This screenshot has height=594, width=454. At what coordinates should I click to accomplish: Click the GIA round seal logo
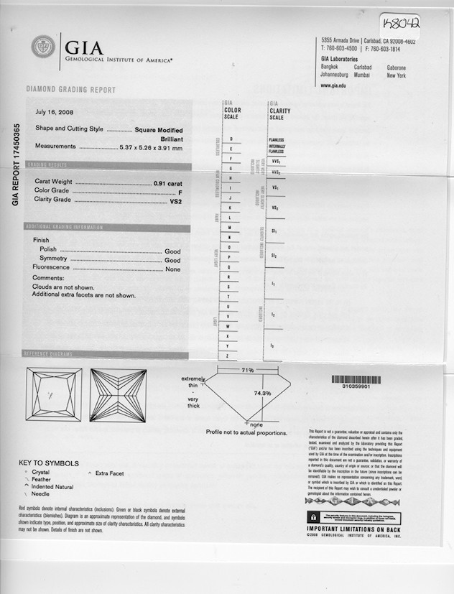[42, 47]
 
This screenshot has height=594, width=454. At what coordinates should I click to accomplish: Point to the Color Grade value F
[178, 192]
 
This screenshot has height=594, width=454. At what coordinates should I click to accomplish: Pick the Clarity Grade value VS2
[175, 202]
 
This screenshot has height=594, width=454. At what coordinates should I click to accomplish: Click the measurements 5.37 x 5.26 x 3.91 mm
[151, 147]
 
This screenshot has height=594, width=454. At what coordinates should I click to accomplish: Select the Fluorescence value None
[172, 269]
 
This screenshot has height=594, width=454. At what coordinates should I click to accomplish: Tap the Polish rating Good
[172, 250]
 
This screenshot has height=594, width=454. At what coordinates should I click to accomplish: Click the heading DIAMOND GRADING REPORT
[70, 90]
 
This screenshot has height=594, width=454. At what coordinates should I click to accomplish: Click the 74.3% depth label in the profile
[262, 393]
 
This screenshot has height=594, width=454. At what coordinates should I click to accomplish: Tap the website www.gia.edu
[333, 85]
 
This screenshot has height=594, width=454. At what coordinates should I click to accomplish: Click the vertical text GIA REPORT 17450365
[16, 164]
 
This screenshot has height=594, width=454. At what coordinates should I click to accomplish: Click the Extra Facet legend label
[109, 474]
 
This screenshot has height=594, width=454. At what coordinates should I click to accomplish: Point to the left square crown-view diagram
[54, 394]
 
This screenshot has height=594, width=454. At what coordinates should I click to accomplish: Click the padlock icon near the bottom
[313, 517]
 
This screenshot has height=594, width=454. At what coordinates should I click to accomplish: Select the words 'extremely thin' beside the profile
[193, 381]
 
